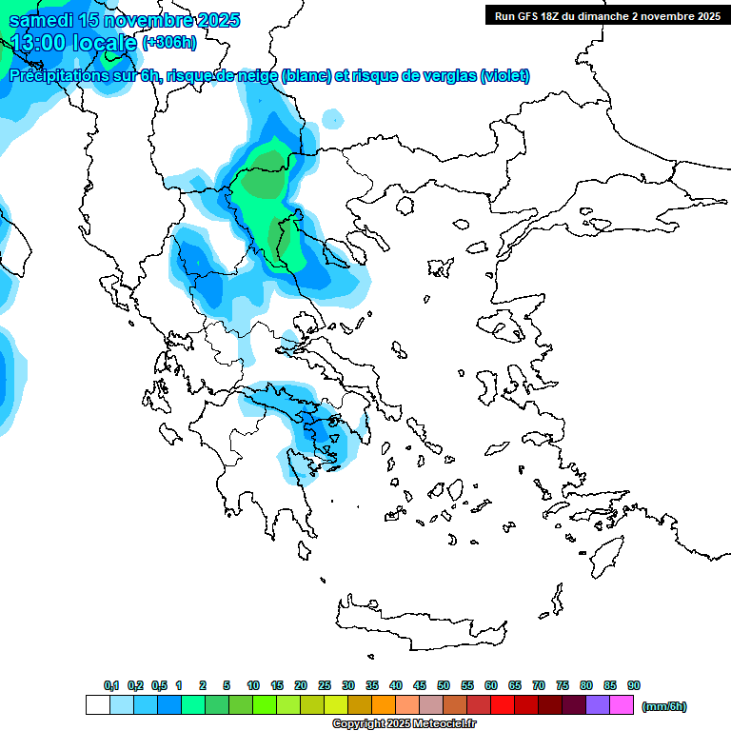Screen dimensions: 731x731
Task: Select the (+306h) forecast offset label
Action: (169, 42)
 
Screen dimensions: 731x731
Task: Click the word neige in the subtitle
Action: (254, 76)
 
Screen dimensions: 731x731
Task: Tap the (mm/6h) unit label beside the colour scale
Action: (663, 706)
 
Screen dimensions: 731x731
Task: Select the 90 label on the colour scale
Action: (634, 685)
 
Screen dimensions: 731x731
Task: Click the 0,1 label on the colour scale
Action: (110, 685)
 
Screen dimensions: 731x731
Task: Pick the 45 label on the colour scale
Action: (420, 685)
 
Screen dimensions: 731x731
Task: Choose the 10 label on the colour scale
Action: (253, 685)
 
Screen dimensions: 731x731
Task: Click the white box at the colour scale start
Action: (97, 705)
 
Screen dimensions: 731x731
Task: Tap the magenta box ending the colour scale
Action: (622, 705)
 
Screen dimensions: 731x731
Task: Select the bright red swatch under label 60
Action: (503, 705)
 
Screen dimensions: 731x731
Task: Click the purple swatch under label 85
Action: (598, 705)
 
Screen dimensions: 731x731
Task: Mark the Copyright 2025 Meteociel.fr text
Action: (404, 723)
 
